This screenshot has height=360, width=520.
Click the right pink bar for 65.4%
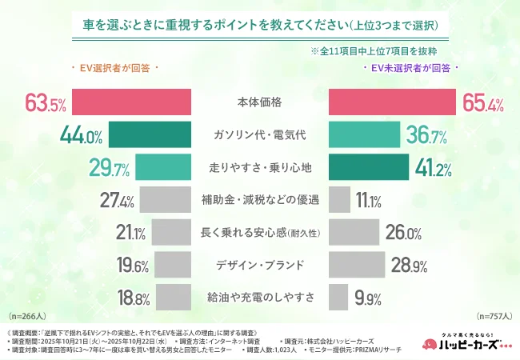coord(391,103)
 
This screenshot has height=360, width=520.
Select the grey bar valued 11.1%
coord(339,200)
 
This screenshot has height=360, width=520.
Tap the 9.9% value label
coord(367,298)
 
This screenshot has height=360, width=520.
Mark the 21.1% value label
coord(130,234)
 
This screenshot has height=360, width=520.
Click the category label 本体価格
coord(260,103)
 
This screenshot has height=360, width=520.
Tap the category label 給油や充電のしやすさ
coord(260,298)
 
